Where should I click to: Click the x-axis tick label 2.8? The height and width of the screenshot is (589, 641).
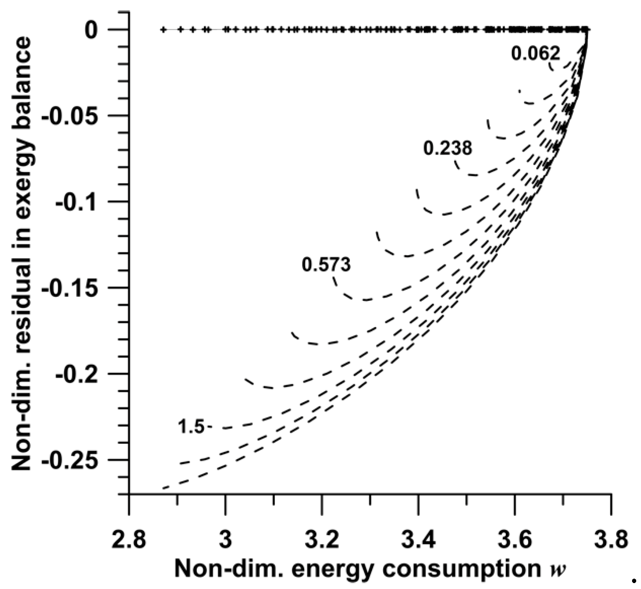coord(129,539)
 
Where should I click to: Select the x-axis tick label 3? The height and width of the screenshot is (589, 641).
coord(225,539)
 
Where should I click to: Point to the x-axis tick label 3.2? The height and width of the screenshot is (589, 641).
coord(322,539)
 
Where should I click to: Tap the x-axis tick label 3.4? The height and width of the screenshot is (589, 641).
coord(419,539)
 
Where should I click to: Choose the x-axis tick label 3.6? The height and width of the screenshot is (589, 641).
coord(515,539)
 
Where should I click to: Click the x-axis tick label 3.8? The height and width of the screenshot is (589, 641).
coord(611,539)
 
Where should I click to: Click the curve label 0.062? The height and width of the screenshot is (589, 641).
coord(535,54)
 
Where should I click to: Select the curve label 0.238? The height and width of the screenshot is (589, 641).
coord(448,148)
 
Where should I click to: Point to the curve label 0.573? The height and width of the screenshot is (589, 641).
coord(326,264)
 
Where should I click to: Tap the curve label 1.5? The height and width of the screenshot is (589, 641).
coord(191,427)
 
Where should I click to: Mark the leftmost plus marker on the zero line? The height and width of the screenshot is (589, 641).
coord(163,30)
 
